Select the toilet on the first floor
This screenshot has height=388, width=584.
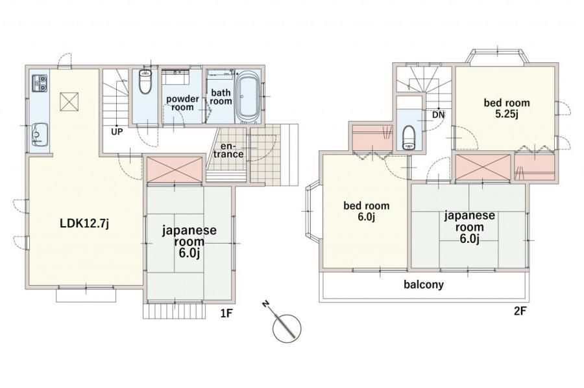[x=145, y=84]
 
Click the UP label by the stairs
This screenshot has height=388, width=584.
[x=117, y=131]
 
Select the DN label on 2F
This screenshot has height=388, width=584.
[x=438, y=115]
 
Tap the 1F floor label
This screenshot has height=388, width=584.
[x=226, y=314]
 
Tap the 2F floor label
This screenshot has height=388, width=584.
[x=519, y=311]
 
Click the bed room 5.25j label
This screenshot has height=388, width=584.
[x=506, y=108]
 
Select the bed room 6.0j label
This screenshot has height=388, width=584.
[x=367, y=211]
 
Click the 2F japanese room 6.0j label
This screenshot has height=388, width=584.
[x=470, y=227]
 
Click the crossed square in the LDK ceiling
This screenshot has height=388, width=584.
[x=69, y=101]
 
